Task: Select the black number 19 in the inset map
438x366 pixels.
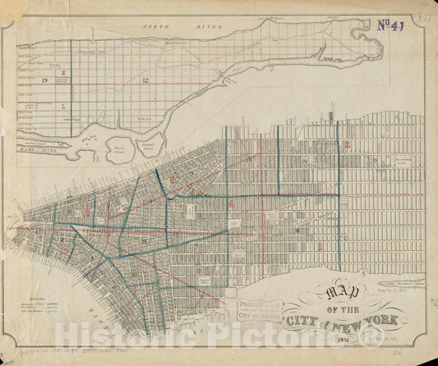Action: [x=44, y=80]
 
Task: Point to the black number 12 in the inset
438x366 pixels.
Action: [x=145, y=80]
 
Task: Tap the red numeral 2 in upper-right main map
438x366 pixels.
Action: [x=348, y=144]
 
